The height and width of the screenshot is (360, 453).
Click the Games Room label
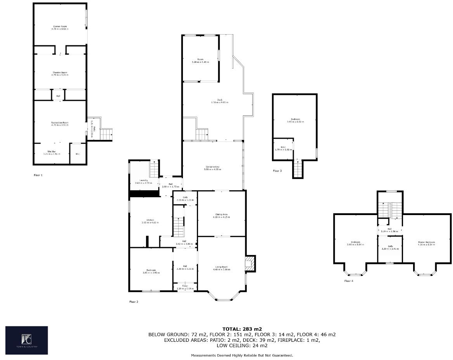point(60,28)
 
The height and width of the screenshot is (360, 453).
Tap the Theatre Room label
point(60,73)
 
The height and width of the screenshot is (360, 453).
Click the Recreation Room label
point(60,124)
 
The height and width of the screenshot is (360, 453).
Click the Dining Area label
point(221,215)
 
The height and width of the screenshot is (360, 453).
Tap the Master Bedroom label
point(426,243)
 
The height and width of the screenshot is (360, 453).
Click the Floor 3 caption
point(277,171)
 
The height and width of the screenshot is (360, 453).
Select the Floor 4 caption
point(349,281)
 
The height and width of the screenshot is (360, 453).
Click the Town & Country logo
point(26,340)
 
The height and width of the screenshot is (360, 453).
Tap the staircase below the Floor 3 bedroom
point(297,169)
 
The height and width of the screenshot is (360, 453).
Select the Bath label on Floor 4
point(390,248)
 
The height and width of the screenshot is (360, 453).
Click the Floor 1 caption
point(38,176)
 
